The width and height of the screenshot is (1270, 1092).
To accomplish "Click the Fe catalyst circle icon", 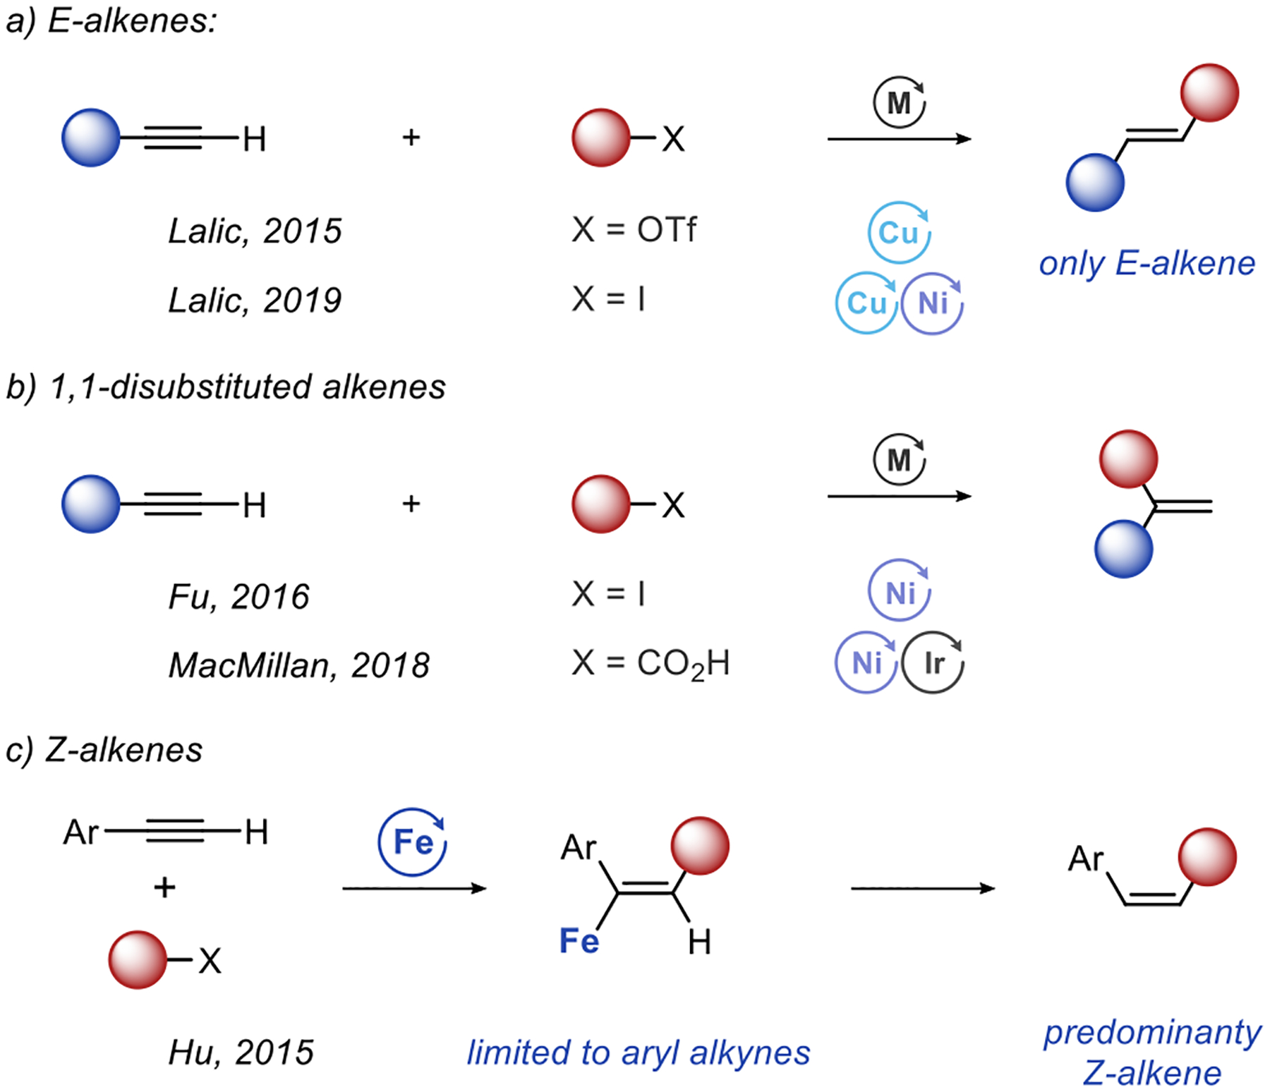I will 413,842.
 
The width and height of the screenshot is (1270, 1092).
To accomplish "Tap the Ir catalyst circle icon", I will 933,662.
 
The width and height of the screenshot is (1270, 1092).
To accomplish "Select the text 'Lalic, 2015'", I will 255,231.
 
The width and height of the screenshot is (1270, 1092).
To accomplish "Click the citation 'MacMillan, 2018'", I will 299,665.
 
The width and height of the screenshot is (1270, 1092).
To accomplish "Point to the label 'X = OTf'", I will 634,230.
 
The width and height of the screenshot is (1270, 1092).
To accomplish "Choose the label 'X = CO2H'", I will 651,664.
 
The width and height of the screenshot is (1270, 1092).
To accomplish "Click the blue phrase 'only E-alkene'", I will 1147,264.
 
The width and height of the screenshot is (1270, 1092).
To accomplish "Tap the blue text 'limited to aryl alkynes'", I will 639,1052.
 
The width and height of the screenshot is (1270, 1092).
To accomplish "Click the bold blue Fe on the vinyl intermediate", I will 579,941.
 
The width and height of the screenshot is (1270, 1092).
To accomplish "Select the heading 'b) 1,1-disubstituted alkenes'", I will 226,387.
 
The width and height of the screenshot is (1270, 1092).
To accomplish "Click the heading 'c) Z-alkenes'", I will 104,749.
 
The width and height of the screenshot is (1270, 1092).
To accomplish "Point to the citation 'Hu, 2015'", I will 241,1052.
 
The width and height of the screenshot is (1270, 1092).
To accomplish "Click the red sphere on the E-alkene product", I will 1209,93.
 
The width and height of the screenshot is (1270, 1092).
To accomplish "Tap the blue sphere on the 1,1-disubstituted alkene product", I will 1123,549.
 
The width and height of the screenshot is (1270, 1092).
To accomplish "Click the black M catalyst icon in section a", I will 899,103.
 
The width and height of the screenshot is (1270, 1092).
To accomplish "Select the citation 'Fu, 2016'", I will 238,597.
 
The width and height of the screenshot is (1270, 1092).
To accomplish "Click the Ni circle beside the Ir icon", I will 866,662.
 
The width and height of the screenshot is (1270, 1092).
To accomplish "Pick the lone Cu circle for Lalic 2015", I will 899,233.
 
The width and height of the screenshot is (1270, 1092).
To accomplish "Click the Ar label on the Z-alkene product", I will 1085,859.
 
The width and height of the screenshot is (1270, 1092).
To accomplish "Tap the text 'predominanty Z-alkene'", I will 1152,1052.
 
